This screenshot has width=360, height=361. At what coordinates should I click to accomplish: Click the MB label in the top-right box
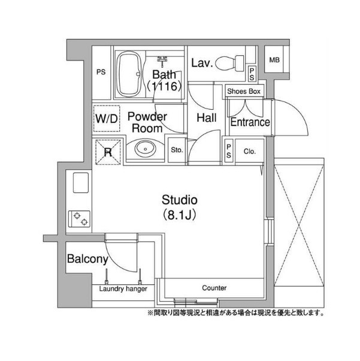274,60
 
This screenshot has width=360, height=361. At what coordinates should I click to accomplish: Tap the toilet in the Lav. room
229,62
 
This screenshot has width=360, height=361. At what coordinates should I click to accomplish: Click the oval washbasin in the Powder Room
145,149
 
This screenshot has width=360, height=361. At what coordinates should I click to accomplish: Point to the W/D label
107,119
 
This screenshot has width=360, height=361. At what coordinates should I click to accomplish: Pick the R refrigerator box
108,152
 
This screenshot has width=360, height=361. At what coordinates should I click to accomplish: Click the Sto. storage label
177,150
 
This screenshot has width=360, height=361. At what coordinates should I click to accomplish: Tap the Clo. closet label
250,151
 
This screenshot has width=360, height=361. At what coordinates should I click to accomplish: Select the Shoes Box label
244,91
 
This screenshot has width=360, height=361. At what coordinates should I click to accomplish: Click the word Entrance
250,122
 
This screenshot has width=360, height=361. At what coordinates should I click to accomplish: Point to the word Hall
207,118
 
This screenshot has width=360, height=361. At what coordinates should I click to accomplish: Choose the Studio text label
180,200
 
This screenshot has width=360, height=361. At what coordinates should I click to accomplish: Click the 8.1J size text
180,215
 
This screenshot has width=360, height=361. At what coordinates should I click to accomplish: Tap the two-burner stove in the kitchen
79,219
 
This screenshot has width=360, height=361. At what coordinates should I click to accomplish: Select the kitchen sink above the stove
81,182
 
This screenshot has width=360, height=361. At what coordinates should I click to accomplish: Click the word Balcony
87,259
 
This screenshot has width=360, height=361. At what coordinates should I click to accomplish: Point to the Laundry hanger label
123,288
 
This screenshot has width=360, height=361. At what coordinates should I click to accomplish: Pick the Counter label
214,288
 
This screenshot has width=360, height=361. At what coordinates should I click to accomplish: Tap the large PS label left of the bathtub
101,72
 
